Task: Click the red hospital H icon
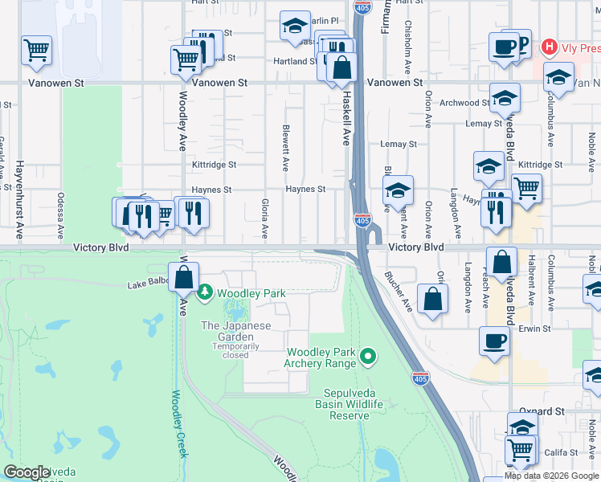coord(550,47)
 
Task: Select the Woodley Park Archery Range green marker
coord(368,354)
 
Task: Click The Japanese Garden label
coord(236,331)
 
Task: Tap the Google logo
coord(27,472)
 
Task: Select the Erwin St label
coord(534,329)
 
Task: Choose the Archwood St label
coord(464,103)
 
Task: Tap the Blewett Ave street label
coord(285,147)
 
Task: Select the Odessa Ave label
coord(60,214)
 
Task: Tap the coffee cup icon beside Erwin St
coord(494,341)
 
